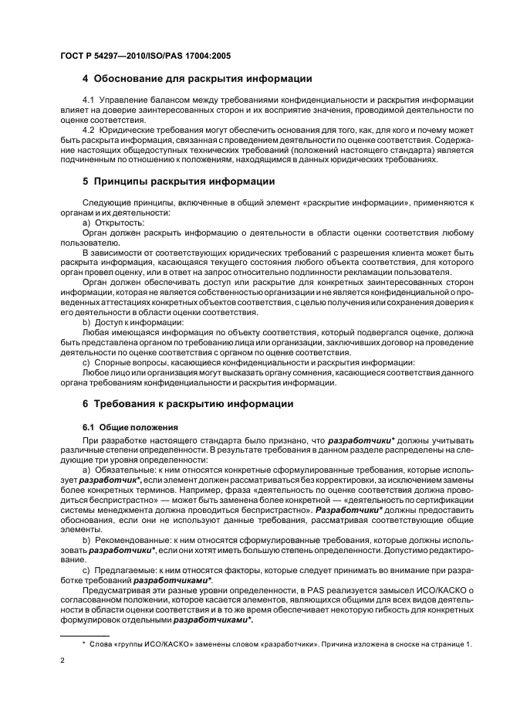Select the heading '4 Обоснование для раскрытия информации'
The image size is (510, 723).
click(197, 79)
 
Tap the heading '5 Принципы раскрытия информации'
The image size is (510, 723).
click(178, 182)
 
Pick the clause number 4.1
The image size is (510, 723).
click(89, 102)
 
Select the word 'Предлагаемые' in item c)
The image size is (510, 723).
click(121, 570)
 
